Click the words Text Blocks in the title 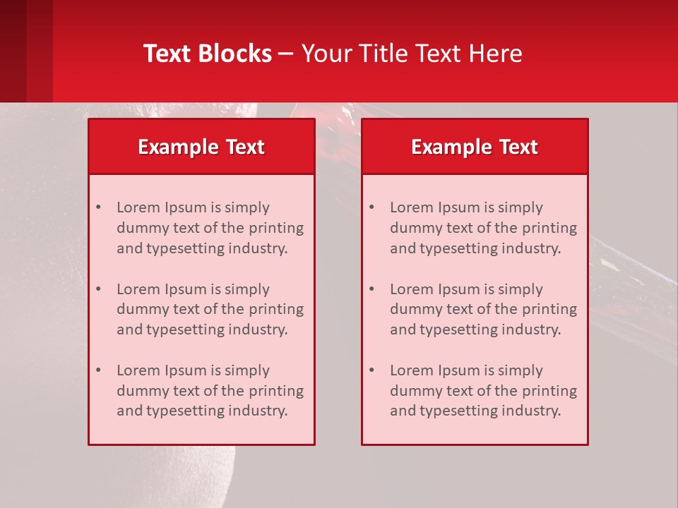coord(208,54)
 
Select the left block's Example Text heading coord(201,147)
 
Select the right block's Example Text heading coord(475,147)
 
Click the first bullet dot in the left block coord(98,207)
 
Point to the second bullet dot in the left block coord(98,289)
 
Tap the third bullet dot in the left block coord(98,370)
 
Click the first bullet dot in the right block coord(371,207)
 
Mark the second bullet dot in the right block coord(371,289)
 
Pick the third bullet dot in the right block coord(371,370)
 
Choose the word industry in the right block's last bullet coord(530,411)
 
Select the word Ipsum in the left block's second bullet coord(184,289)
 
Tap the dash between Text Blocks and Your coord(286,54)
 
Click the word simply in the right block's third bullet coord(520,370)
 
